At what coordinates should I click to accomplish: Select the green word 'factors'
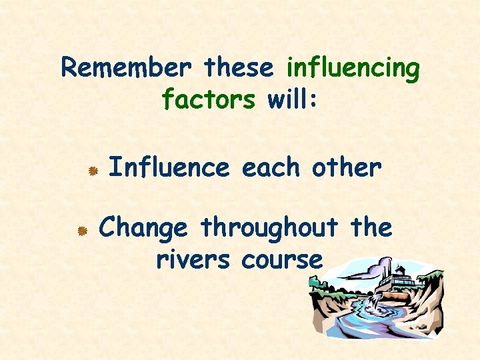(208, 100)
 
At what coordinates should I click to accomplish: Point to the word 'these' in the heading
(239, 68)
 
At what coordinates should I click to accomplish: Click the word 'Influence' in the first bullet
(168, 168)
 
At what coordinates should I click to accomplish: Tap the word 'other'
(346, 168)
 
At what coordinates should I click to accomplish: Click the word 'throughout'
(269, 229)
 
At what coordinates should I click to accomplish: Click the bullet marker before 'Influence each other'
(95, 171)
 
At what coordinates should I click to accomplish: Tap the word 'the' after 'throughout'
(372, 227)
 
